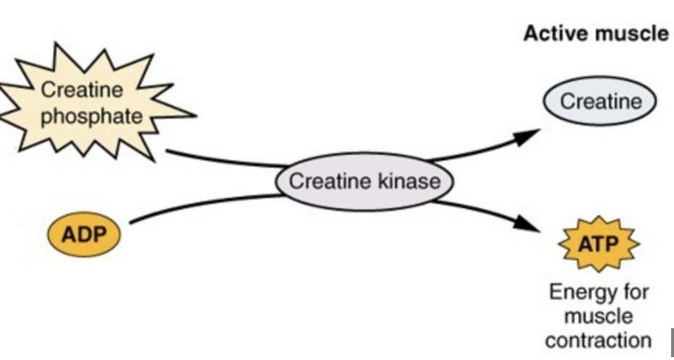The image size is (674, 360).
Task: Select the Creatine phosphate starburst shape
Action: (90, 105)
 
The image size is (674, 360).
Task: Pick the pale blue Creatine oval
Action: (600, 102)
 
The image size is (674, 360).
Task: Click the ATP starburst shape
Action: (598, 244)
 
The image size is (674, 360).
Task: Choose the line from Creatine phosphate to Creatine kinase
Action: (217, 158)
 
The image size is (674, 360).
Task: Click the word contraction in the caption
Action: (598, 340)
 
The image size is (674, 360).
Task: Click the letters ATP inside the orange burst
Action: (598, 244)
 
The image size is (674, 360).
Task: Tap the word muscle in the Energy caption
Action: (598, 317)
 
